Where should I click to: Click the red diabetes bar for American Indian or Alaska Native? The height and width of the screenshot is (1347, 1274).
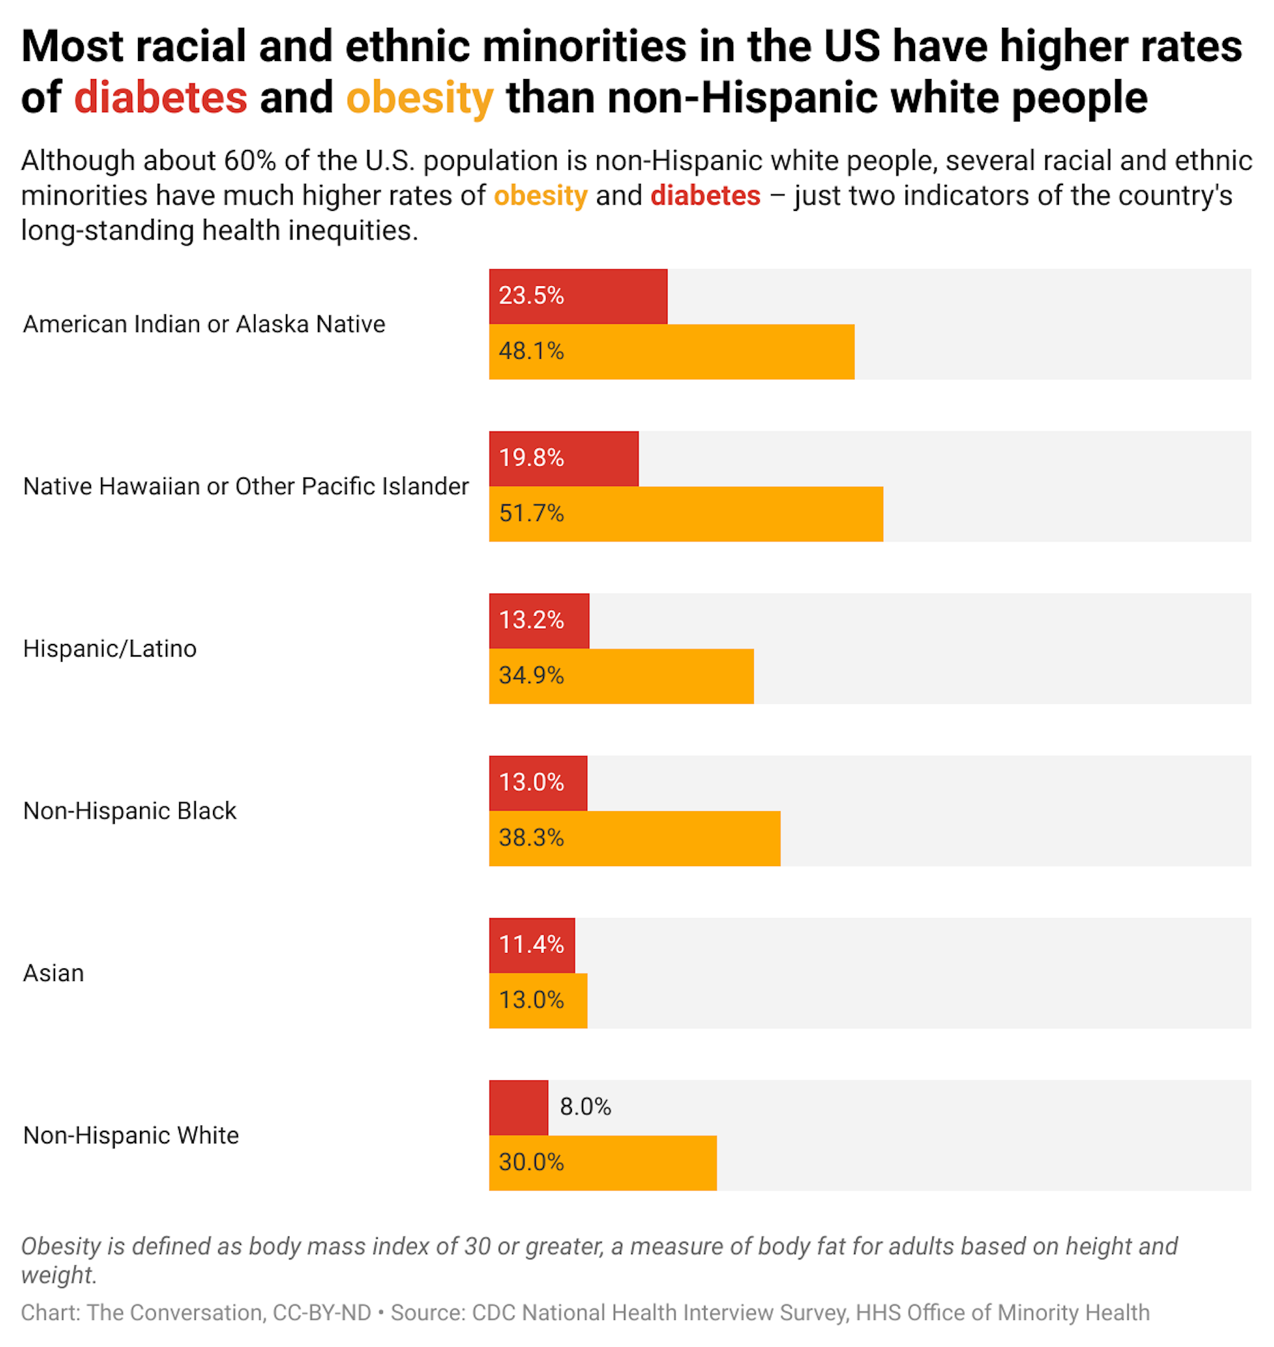coord(611,296)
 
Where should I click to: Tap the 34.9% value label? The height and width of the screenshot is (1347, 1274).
coord(531,676)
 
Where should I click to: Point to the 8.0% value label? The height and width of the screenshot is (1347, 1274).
coord(585,1108)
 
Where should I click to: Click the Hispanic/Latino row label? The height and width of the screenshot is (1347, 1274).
coord(110,649)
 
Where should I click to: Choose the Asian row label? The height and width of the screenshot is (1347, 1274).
coord(54,974)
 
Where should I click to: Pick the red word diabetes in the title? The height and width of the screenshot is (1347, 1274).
coord(161,97)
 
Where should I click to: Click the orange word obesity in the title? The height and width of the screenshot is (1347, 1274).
coord(419,97)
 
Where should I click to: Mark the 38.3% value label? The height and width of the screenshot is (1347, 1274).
coord(531,838)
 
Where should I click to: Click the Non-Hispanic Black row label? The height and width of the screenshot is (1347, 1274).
coord(129,811)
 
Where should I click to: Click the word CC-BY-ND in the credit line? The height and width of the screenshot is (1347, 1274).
coord(322,1313)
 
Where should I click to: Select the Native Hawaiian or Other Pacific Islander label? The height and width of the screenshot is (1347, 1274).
coord(246,487)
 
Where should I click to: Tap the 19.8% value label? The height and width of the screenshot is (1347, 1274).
coord(531,458)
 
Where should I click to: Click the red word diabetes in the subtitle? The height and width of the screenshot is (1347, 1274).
coord(705,196)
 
